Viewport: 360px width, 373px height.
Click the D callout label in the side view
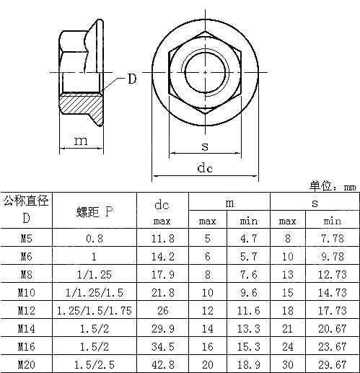coord(131,79)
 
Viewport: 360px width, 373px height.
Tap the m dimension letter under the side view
coord(80,141)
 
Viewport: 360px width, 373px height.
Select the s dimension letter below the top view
coord(205,146)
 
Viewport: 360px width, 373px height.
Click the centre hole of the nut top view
coord(205,72)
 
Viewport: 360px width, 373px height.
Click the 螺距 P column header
coord(95,211)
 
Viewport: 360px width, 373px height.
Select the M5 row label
coord(26,238)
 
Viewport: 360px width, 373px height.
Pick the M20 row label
coord(26,364)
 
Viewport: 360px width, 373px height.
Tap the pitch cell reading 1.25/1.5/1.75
coord(95,310)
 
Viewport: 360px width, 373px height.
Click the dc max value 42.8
coord(162,364)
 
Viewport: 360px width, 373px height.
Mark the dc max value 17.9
coord(162,274)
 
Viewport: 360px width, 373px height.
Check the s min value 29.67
coord(333,364)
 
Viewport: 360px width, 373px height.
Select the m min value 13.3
coord(249,328)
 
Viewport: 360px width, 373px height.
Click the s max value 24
coord(287,346)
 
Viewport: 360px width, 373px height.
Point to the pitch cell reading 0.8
coord(95,238)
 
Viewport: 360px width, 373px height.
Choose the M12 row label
coord(26,310)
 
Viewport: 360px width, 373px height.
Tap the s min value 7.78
coord(333,238)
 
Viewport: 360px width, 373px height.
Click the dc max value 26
coord(162,310)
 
